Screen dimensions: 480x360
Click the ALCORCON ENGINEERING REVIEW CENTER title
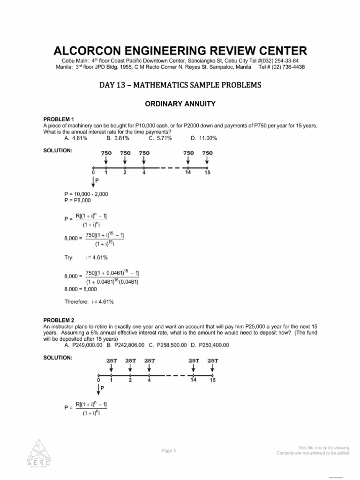click(x=180, y=51)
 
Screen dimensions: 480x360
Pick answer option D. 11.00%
click(x=203, y=138)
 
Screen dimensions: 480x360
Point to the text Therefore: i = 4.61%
click(x=89, y=301)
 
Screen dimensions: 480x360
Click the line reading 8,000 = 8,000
click(x=81, y=289)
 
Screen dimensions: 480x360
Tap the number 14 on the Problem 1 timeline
click(x=187, y=172)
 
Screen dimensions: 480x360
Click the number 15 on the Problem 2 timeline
click(x=212, y=380)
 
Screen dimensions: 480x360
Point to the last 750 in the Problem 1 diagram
click(x=207, y=153)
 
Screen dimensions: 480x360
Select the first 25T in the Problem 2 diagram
click(x=111, y=360)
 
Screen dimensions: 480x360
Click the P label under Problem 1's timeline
click(x=97, y=180)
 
